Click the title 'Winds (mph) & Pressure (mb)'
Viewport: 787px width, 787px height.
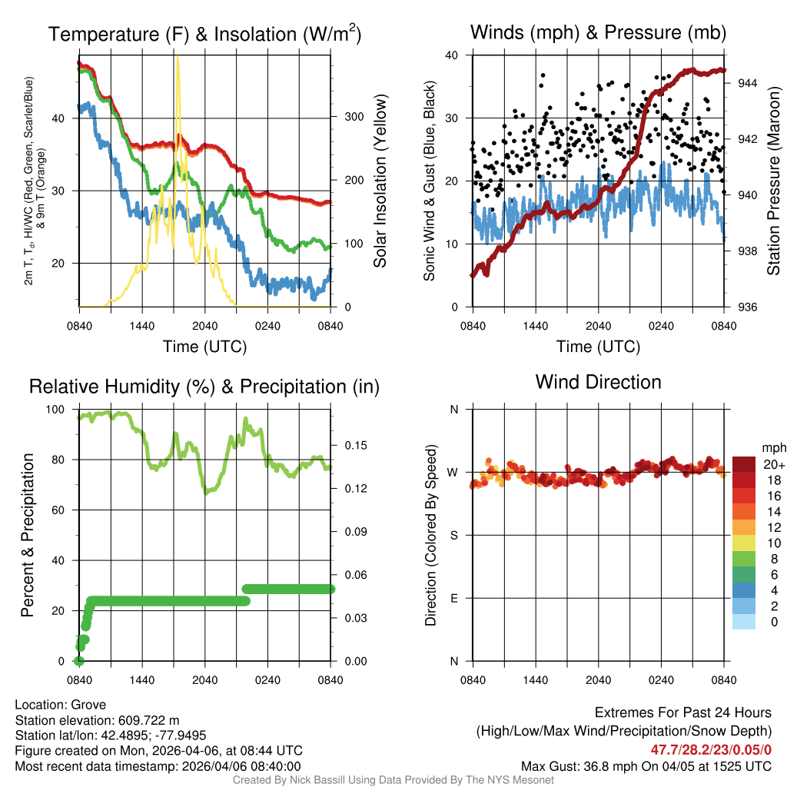(598, 32)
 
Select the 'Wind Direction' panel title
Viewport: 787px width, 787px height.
(598, 382)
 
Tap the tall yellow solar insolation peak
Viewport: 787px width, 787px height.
(178, 61)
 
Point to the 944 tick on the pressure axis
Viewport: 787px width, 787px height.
(747, 83)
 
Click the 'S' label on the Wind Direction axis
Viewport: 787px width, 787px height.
(453, 535)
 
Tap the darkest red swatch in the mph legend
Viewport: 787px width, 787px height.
(743, 464)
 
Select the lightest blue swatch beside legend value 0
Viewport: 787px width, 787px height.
(743, 623)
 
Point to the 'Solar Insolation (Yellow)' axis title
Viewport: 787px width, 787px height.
(380, 181)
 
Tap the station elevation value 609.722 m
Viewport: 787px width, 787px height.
(148, 720)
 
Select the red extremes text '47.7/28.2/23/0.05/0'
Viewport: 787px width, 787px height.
(711, 749)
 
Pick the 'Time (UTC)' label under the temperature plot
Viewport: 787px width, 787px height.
(204, 347)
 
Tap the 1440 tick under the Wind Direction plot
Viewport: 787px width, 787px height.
(536, 679)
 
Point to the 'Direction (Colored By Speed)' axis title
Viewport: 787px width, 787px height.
(430, 535)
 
